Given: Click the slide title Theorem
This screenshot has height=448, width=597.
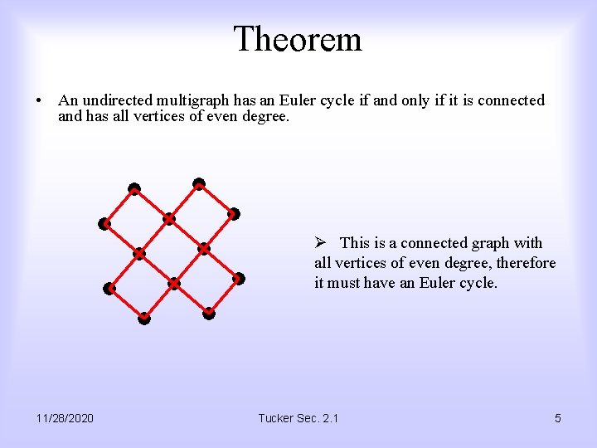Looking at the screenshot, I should [298, 39].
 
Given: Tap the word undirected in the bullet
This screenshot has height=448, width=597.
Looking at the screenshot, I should [116, 100].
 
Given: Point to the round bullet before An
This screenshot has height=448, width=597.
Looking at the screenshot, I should [39, 101].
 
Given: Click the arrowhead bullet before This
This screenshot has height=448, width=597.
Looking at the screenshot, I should [321, 243].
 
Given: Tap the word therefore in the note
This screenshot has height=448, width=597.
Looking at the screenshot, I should [526, 263].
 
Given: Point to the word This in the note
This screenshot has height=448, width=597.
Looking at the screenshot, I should [354, 243].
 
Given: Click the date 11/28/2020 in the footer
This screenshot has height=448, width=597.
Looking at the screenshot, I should [66, 418].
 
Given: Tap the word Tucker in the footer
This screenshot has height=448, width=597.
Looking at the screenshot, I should [277, 418].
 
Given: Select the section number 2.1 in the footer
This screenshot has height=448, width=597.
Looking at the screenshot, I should [329, 418].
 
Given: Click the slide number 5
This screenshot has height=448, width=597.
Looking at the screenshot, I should [557, 418].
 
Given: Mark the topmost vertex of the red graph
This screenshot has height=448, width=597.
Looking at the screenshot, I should [199, 183].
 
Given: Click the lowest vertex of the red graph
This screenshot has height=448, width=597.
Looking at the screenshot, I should [144, 318].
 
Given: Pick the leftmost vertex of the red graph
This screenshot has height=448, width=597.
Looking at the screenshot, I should [104, 223].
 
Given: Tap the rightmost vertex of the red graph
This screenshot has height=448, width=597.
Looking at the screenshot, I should [239, 279].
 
